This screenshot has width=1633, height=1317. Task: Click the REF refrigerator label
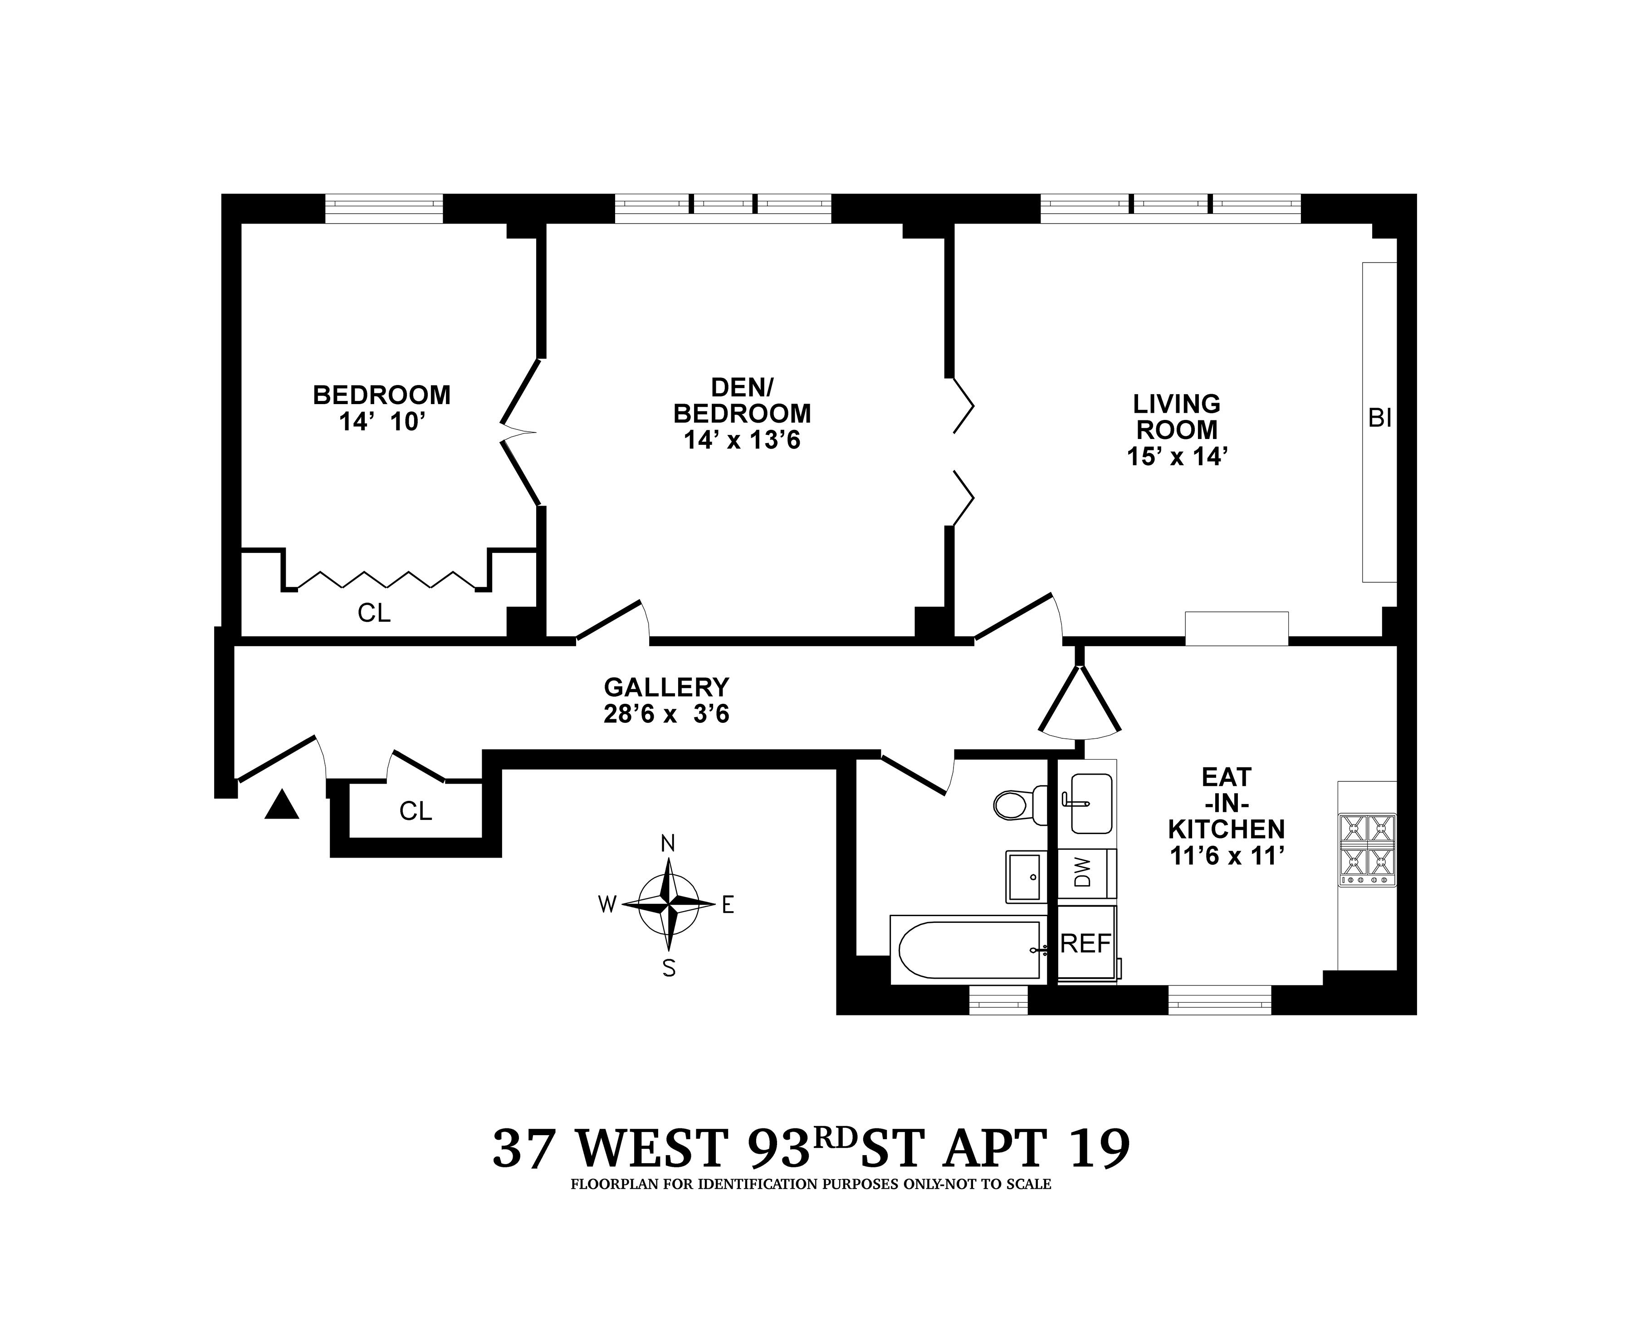[1085, 944]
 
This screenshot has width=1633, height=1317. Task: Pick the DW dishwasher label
[1083, 873]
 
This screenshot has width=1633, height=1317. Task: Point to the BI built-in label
[1379, 418]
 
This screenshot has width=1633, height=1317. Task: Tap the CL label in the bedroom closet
[374, 613]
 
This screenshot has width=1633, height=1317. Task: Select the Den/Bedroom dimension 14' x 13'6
[742, 440]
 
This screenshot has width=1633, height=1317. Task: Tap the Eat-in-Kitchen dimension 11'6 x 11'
[1226, 856]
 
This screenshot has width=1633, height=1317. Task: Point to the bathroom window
[998, 1000]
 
